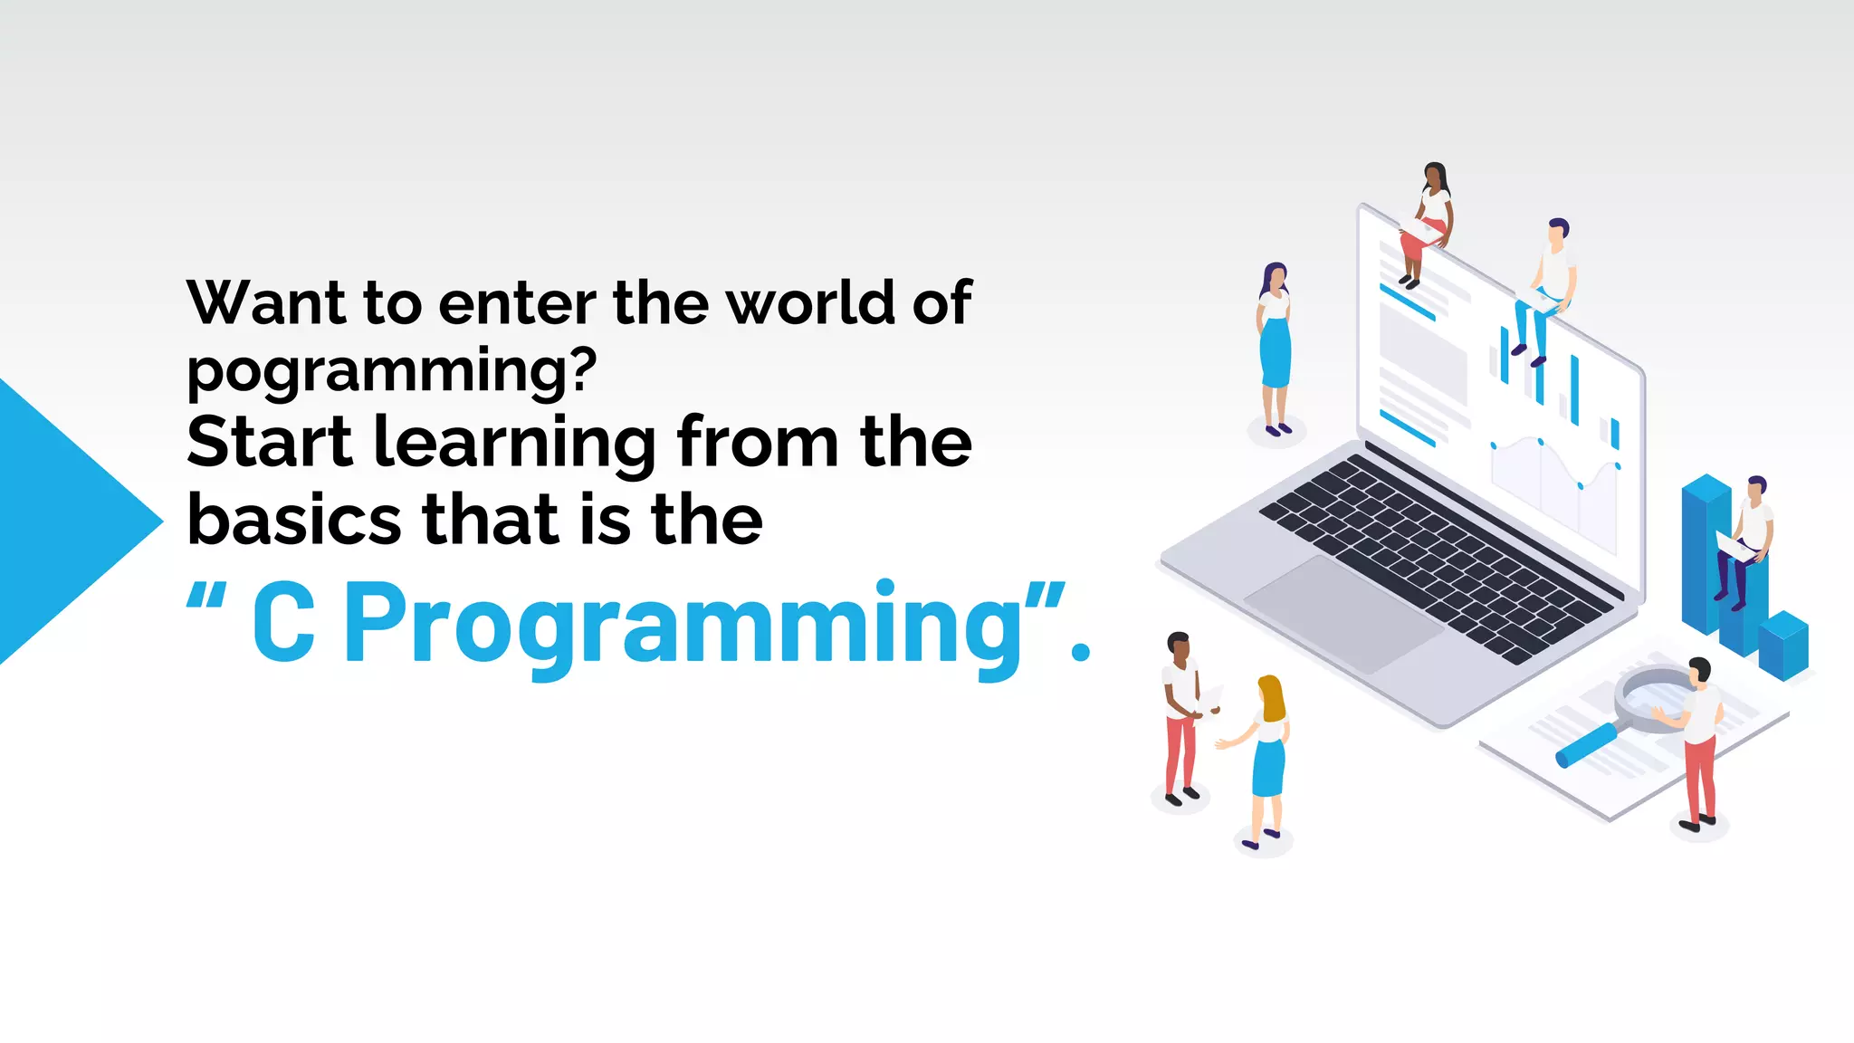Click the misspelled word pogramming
391,371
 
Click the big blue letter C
283,623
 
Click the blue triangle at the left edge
63,521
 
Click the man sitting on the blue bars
1747,539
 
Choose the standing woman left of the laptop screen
1275,344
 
